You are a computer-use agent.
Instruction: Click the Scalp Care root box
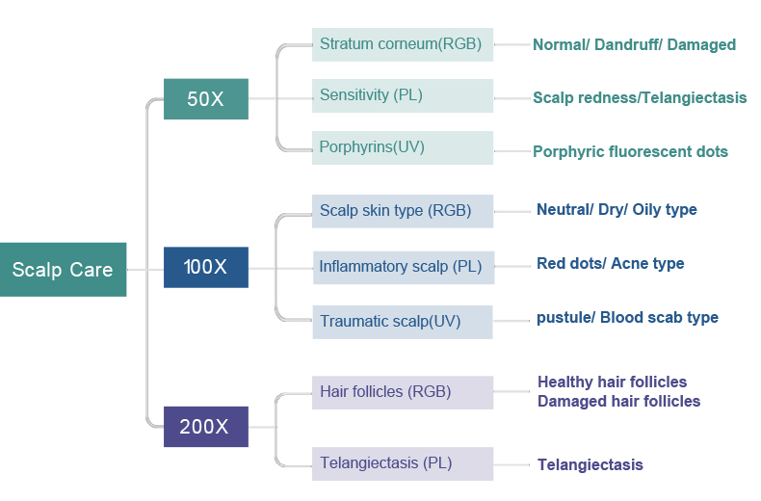(63, 270)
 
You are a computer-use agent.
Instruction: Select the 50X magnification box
(206, 99)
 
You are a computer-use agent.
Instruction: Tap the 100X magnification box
(206, 267)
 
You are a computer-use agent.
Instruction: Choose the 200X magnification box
(206, 427)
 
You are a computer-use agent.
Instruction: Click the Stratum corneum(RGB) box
(403, 44)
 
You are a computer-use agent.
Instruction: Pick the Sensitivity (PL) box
(403, 95)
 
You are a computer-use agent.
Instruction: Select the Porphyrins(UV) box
(403, 147)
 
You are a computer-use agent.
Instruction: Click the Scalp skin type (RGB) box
(403, 211)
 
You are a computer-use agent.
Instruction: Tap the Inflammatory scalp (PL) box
(404, 268)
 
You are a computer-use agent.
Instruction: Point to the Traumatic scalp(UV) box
(403, 322)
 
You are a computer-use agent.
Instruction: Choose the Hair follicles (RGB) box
(403, 392)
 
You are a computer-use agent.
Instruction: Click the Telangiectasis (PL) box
(403, 463)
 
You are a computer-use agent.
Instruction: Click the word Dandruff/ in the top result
(628, 44)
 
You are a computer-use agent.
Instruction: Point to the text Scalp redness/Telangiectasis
(640, 97)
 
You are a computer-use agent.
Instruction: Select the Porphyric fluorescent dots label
(630, 151)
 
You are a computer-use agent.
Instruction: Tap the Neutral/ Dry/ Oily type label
(617, 209)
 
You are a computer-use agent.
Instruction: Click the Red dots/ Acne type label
(611, 263)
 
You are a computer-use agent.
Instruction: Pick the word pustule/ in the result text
(565, 318)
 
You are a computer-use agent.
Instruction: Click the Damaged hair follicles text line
(618, 401)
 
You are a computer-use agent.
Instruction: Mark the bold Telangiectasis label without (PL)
(590, 464)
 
